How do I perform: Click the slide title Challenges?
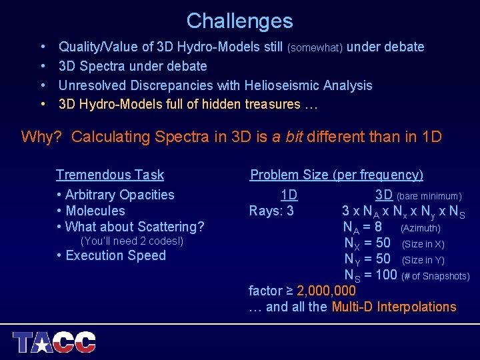coord(239,21)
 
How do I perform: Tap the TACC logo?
coord(55,342)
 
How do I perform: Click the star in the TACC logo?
coord(42,344)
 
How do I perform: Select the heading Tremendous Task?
coord(110,175)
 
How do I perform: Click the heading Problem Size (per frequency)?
coord(336,175)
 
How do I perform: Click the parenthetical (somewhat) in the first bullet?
coord(315,47)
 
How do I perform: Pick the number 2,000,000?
coord(327,291)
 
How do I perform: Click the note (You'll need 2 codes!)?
coord(131,241)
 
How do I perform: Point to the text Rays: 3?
coord(271,211)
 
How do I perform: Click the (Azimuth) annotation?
coord(420,228)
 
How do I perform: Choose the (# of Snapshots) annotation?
coord(435,276)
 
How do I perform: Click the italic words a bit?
coord(287,137)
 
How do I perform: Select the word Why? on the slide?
coord(41,137)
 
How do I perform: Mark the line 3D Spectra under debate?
coord(133,66)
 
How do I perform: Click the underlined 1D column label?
coord(289,195)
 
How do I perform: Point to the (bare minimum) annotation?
coord(429,196)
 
